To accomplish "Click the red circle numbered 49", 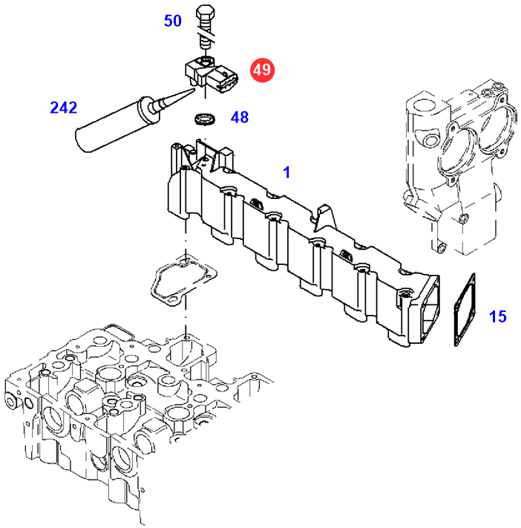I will pyautogui.click(x=262, y=71).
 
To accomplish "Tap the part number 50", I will pyautogui.click(x=173, y=21).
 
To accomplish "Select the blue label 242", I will pyautogui.click(x=63, y=108).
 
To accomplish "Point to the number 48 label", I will pyautogui.click(x=239, y=117).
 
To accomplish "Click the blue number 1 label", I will pyautogui.click(x=287, y=172).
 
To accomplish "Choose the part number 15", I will pyautogui.click(x=497, y=317).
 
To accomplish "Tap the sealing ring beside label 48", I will pyautogui.click(x=203, y=118).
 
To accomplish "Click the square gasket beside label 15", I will pyautogui.click(x=459, y=312).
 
